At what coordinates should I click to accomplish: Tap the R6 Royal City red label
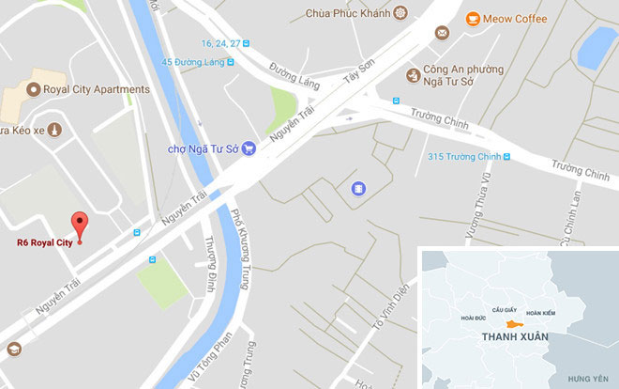[x=44, y=242]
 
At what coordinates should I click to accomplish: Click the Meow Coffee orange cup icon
[x=474, y=17]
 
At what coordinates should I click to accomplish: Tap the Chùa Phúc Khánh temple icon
[x=400, y=13]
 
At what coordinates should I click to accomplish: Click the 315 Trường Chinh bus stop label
[x=463, y=157]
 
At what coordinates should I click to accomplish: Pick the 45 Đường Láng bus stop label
[x=195, y=62]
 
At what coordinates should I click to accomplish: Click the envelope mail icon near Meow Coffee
[x=441, y=34]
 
